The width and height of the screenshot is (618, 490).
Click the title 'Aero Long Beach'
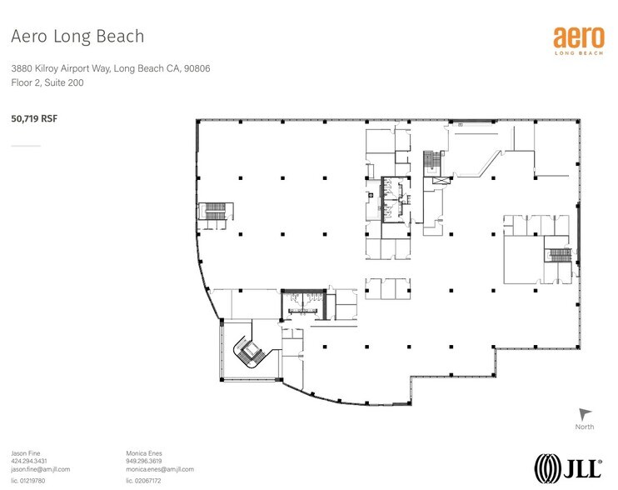(x=76, y=37)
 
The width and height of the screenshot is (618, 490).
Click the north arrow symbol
(x=585, y=414)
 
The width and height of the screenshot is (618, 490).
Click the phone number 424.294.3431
(x=29, y=461)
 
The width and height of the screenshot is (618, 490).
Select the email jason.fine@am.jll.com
(x=40, y=470)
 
